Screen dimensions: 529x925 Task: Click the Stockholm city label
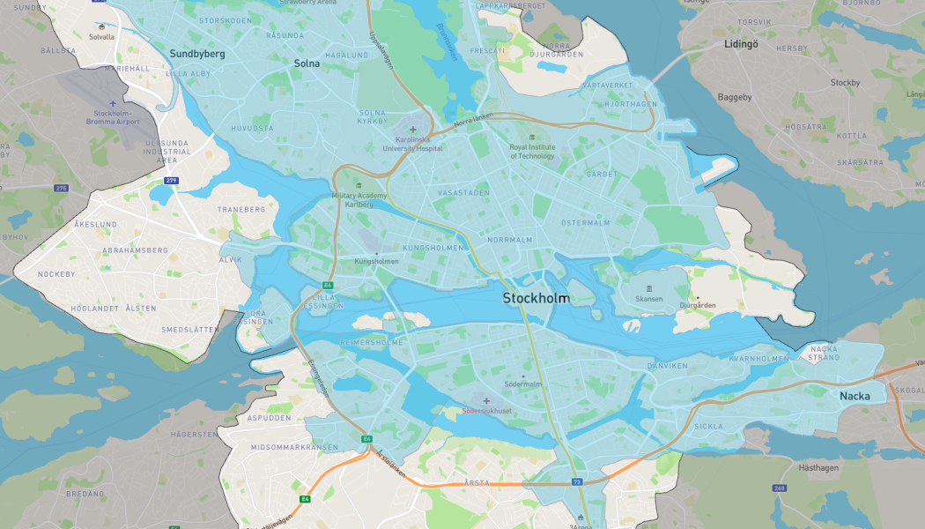tap(536, 299)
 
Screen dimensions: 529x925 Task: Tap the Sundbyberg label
tap(197, 54)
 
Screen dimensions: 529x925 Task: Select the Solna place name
tap(307, 63)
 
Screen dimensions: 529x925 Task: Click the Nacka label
tap(854, 396)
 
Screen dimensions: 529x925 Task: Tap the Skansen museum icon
tap(649, 289)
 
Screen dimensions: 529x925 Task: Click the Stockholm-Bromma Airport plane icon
tap(114, 104)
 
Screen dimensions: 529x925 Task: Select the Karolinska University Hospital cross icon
tap(412, 130)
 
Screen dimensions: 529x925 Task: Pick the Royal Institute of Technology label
tap(532, 152)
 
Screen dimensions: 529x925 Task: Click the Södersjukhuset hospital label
tap(486, 411)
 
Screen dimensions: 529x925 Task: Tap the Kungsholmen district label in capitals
tap(432, 249)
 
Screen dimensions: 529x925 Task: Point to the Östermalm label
tap(585, 223)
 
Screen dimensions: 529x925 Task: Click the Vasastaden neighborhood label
tap(463, 192)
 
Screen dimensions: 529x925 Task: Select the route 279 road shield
tap(171, 181)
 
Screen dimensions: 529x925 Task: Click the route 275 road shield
tap(61, 188)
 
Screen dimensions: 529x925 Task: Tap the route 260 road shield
tap(780, 488)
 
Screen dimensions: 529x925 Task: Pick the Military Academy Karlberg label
tap(359, 199)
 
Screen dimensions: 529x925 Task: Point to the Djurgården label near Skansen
tap(698, 305)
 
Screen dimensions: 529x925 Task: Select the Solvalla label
tap(102, 37)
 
